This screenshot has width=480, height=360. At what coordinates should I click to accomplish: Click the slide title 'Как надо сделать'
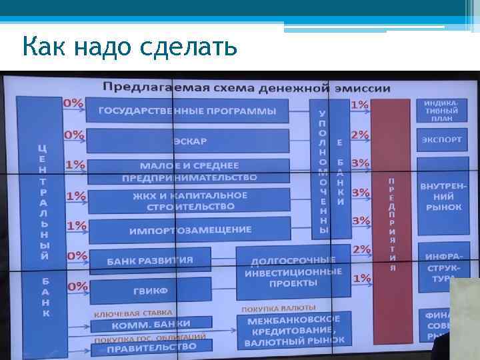(x=129, y=47)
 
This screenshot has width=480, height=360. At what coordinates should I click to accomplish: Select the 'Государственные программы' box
(x=187, y=111)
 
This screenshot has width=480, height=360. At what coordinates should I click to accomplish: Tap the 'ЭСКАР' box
(x=189, y=141)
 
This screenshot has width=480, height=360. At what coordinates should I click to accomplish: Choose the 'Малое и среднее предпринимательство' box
(x=189, y=171)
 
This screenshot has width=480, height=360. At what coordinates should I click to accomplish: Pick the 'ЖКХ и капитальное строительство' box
(x=189, y=201)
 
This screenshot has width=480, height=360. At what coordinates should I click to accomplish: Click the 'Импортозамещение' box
(x=189, y=230)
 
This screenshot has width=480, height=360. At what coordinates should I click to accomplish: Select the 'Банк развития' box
(x=150, y=260)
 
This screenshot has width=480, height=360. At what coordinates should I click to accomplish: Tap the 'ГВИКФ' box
(x=150, y=291)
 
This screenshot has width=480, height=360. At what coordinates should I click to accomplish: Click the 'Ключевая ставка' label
(x=133, y=312)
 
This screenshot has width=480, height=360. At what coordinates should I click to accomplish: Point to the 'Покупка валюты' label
(x=278, y=308)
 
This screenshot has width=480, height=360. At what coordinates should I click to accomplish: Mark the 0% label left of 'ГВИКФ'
(x=76, y=285)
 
